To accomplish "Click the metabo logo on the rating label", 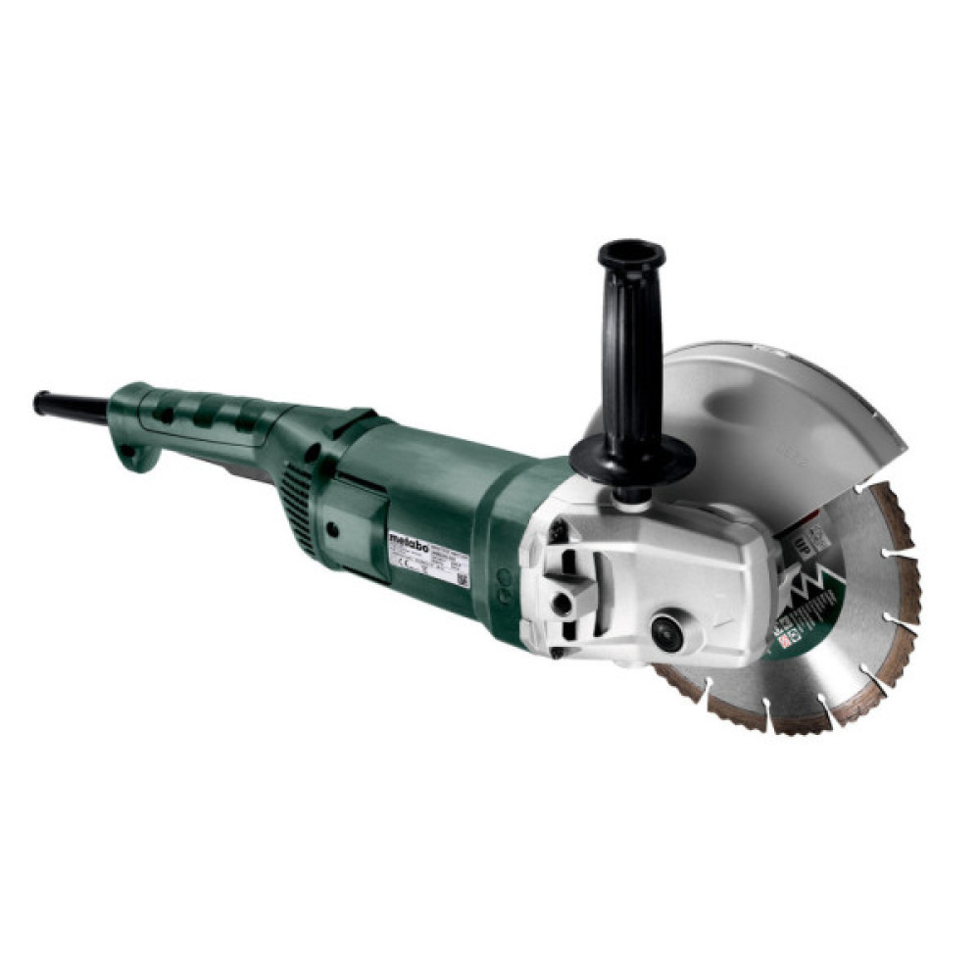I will click(406, 541).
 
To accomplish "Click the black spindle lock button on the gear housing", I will click(667, 632).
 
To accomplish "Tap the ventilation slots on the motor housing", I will click(297, 506).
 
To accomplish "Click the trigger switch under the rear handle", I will click(245, 468).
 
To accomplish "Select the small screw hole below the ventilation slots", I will click(333, 528).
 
